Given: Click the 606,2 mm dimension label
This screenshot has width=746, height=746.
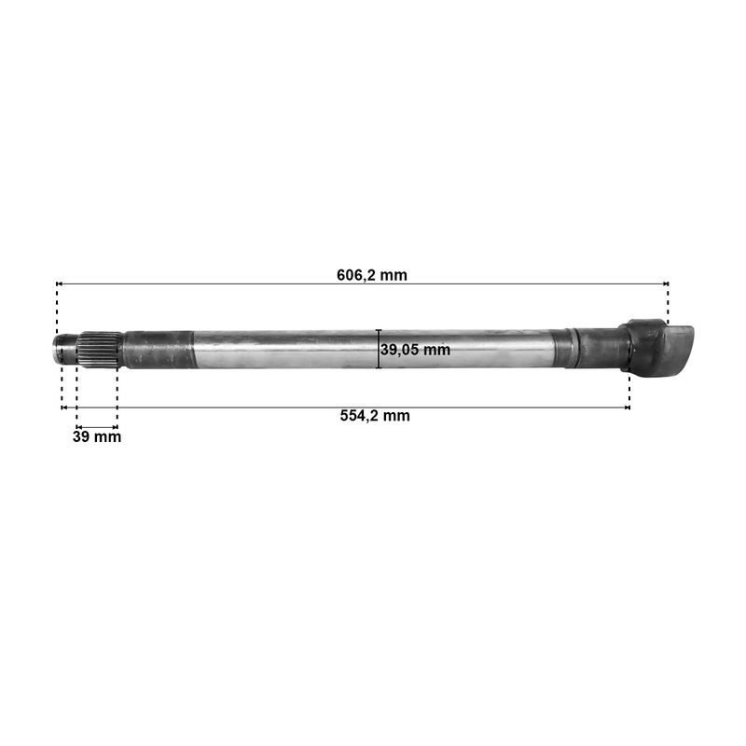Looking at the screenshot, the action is point(371,275).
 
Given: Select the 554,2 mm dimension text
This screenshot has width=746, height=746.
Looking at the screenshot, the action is point(375,416).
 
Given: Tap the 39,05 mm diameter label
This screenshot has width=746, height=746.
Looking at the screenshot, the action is point(415,350).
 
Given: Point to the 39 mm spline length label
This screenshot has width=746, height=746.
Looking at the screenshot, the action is point(97,436).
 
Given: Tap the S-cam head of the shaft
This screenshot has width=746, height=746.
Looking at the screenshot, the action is point(656,346).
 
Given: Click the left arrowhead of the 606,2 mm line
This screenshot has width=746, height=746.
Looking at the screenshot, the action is point(59,284).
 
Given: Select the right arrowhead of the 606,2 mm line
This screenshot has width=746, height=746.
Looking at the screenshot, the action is point(666,284).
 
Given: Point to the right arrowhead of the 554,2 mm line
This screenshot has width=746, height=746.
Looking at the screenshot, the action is point(627,408).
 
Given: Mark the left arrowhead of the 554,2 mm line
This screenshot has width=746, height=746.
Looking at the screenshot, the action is point(64,408).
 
